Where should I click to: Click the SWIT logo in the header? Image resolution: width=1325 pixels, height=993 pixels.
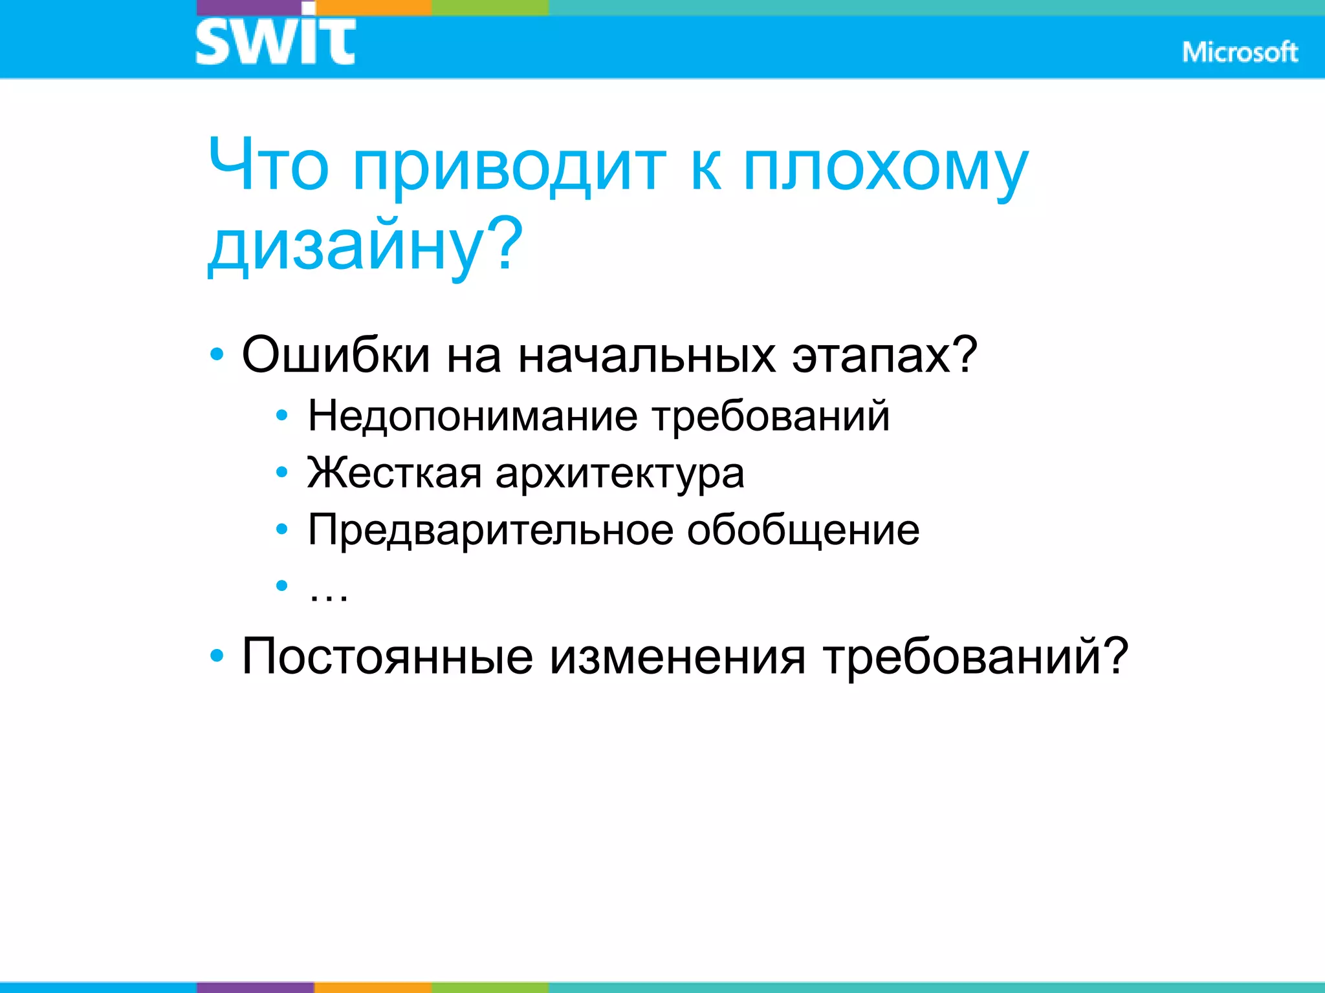click(275, 40)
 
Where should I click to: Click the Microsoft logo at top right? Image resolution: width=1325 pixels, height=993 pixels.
click(1240, 52)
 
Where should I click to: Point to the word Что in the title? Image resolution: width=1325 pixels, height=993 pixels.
click(268, 165)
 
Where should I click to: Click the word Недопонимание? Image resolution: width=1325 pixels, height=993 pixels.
click(473, 415)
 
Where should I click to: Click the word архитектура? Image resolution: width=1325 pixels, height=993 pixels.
click(620, 474)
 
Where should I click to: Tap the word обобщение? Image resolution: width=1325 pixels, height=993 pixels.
click(803, 530)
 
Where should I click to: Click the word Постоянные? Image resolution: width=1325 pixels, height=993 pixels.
click(387, 656)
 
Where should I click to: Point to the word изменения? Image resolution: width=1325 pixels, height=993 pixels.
click(677, 656)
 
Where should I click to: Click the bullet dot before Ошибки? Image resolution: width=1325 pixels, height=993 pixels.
click(217, 355)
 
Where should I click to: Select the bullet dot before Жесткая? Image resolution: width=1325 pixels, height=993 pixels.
click(281, 473)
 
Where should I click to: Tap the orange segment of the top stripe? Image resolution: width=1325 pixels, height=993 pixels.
click(373, 7)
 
